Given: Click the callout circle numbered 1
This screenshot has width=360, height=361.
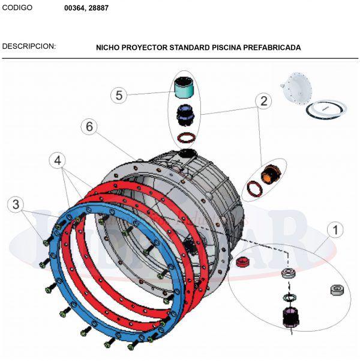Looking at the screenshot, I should [335, 229].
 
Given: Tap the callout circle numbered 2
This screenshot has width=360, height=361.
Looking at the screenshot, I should [262, 100].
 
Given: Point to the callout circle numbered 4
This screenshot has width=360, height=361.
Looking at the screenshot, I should [57, 160].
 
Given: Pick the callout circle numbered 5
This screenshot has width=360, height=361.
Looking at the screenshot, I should [119, 95].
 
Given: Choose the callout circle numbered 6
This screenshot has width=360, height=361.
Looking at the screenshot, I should [88, 127].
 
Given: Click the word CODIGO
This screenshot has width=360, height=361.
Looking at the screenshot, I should [17, 8].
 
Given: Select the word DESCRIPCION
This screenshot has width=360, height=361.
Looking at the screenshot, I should [29, 46].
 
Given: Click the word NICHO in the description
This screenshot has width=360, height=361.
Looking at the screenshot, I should [108, 47].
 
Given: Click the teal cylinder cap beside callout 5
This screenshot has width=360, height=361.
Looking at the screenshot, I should [184, 89].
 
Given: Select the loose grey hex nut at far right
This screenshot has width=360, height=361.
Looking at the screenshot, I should [337, 291].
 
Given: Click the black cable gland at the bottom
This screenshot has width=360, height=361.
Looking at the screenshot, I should [290, 316].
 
